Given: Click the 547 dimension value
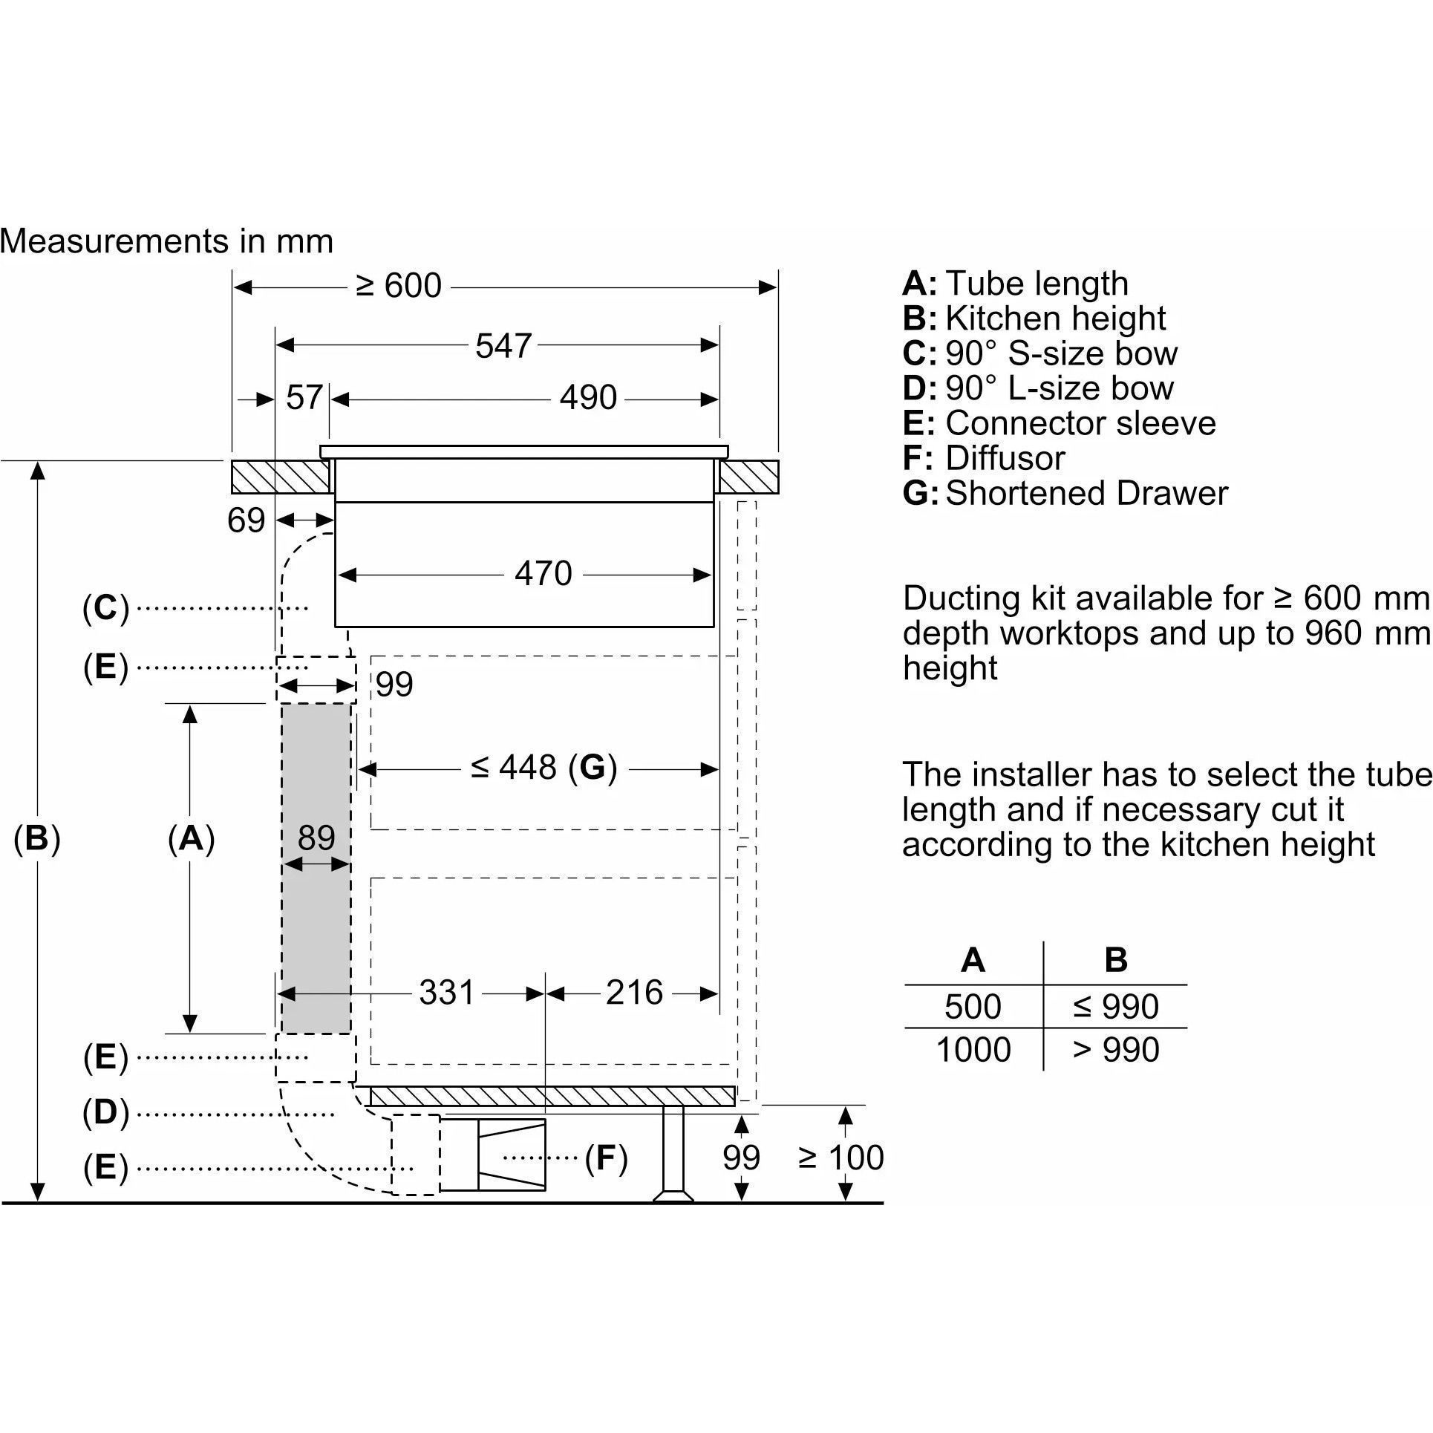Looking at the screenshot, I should pyautogui.click(x=503, y=346).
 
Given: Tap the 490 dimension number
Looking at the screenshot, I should pyautogui.click(x=588, y=398).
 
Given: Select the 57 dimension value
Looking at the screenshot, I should pyautogui.click(x=304, y=398).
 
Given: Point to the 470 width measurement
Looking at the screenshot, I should pyautogui.click(x=544, y=574).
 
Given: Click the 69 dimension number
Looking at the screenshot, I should pyautogui.click(x=247, y=520).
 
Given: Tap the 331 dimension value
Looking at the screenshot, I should pyautogui.click(x=446, y=992).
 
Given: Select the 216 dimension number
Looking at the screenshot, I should pyautogui.click(x=634, y=992).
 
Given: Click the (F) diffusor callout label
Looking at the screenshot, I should pyautogui.click(x=606, y=1158).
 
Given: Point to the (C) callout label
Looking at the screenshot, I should pyautogui.click(x=106, y=608).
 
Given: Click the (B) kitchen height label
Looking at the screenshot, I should pyautogui.click(x=37, y=838).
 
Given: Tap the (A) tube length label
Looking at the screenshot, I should pyautogui.click(x=191, y=838).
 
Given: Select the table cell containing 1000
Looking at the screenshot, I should pyautogui.click(x=973, y=1050).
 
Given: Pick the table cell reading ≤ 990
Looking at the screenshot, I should pyautogui.click(x=1115, y=1007).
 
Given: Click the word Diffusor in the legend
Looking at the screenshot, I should pyautogui.click(x=1005, y=458).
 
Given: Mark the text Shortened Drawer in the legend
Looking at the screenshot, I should pyautogui.click(x=1087, y=493).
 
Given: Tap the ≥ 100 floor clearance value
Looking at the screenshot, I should pyautogui.click(x=841, y=1158).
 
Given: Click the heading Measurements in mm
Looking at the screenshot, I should pyautogui.click(x=167, y=241).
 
